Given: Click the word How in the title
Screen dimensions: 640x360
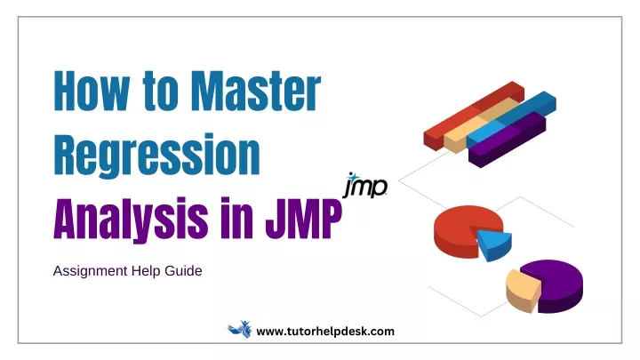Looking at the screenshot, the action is pyautogui.click(x=92, y=91).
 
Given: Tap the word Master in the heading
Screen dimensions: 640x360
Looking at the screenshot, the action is pyautogui.click(x=256, y=91).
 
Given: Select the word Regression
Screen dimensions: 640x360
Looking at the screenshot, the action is pyautogui.click(x=156, y=155).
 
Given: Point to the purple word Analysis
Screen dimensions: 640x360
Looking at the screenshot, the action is pyautogui.click(x=131, y=219).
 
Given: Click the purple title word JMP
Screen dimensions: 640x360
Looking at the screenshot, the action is pyautogui.click(x=303, y=219).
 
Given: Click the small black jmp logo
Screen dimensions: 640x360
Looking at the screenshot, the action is pyautogui.click(x=365, y=185).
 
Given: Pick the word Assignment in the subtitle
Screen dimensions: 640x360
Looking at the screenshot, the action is pyautogui.click(x=90, y=271).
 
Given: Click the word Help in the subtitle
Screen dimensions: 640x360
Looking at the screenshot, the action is pyautogui.click(x=146, y=271).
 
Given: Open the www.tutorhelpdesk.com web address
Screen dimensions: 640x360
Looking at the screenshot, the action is pyautogui.click(x=325, y=331).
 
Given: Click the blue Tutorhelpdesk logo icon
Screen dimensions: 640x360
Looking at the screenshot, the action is pyautogui.click(x=240, y=330).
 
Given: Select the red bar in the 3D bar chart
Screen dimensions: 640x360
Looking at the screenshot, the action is pyautogui.click(x=474, y=116).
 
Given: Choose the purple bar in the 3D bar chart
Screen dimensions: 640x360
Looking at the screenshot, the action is pyautogui.click(x=508, y=139).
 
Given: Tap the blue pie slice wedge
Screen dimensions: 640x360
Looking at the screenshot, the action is pyautogui.click(x=495, y=244).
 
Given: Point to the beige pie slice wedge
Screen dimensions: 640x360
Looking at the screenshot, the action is pyautogui.click(x=522, y=291).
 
